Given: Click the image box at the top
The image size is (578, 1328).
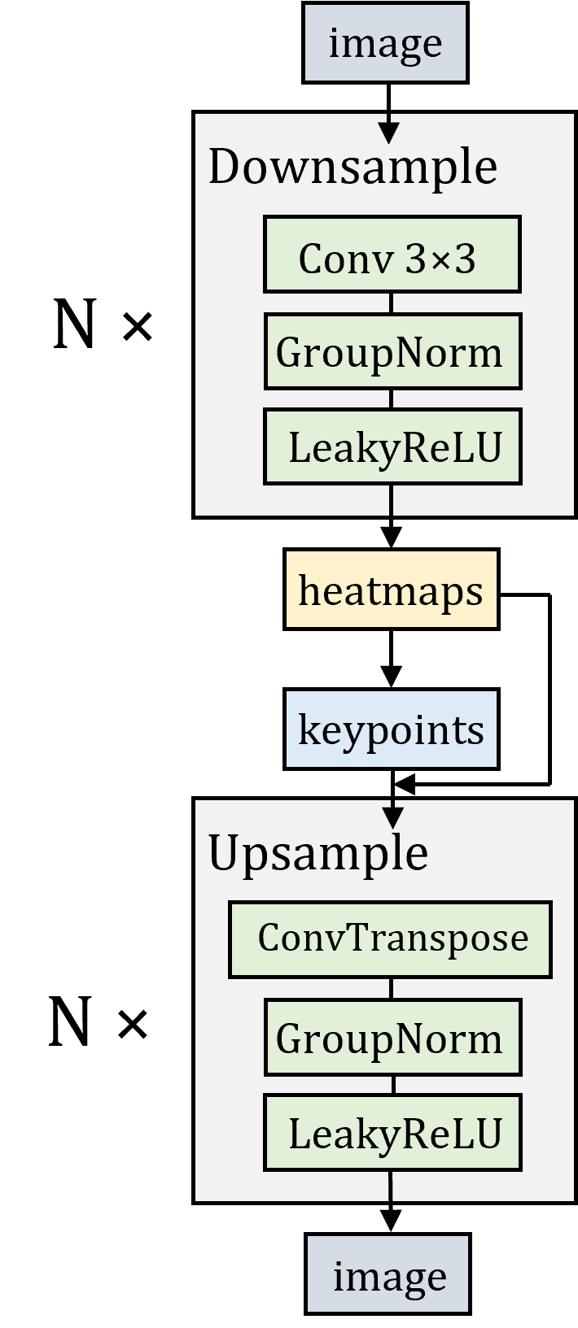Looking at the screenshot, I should coord(385,43).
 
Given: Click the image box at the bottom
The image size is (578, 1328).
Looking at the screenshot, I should coord(388,1274).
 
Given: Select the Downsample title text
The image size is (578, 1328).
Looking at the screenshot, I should coord(352,168).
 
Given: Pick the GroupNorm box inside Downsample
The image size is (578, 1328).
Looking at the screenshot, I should coord(392,353).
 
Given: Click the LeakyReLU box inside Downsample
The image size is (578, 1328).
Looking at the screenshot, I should coord(392,447).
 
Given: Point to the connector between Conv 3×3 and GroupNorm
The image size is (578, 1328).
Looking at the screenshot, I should coord(392,304).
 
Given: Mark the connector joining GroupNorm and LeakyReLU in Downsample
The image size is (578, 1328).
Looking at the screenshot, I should coord(392,398).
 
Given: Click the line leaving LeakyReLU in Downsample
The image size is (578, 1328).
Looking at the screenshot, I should coord(392,499).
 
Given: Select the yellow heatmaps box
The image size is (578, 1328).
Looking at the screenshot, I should coord(391,590).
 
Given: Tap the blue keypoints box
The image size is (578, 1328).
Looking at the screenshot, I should coord(391,729).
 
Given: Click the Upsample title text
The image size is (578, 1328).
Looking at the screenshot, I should coord(318,853).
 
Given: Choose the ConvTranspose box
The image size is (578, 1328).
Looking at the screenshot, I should coord(390,938).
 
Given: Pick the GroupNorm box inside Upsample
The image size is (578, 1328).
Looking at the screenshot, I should coord(392,1038).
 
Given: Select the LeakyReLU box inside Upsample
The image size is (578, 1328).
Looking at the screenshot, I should coord(392,1133).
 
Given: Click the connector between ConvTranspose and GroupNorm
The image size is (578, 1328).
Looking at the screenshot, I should coord(392,989).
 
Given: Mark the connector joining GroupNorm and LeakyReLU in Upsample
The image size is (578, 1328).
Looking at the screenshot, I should coord(393,1085).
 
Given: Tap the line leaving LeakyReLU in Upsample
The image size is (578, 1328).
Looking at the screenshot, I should coord(391,1186).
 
